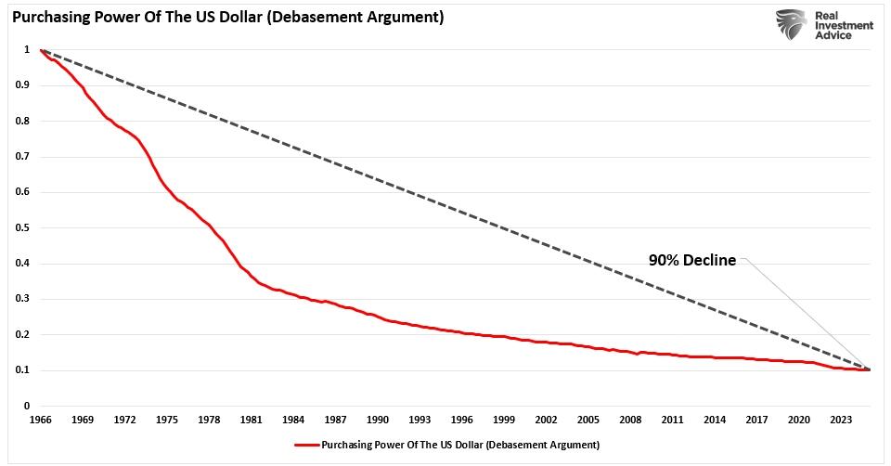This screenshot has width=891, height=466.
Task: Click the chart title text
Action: tap(226, 17)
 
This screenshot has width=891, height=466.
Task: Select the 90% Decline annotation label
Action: tap(692, 261)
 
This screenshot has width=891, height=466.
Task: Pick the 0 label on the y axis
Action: tap(28, 406)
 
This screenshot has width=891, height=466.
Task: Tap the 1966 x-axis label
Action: tap(41, 420)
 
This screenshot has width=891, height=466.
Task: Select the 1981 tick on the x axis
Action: tap(250, 420)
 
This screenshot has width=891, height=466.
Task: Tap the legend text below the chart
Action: tap(460, 445)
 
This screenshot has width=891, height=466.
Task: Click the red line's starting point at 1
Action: tap(42, 50)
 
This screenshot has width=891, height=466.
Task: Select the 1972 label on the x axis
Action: tap(124, 420)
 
